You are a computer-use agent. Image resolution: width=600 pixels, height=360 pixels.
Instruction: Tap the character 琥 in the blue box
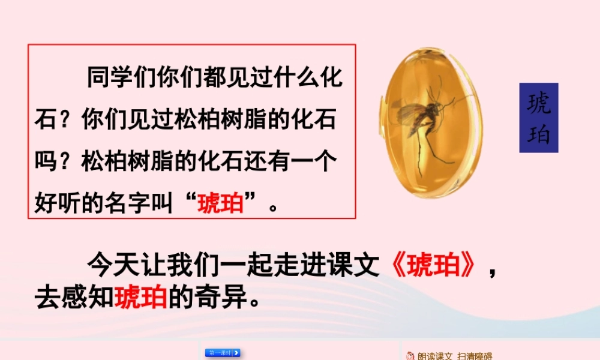(x=538, y=103)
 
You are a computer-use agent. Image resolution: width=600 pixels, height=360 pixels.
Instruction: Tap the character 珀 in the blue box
(x=538, y=134)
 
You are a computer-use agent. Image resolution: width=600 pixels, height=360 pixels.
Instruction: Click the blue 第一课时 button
(x=223, y=353)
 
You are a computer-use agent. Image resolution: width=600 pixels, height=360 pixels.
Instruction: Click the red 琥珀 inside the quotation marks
(x=220, y=203)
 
